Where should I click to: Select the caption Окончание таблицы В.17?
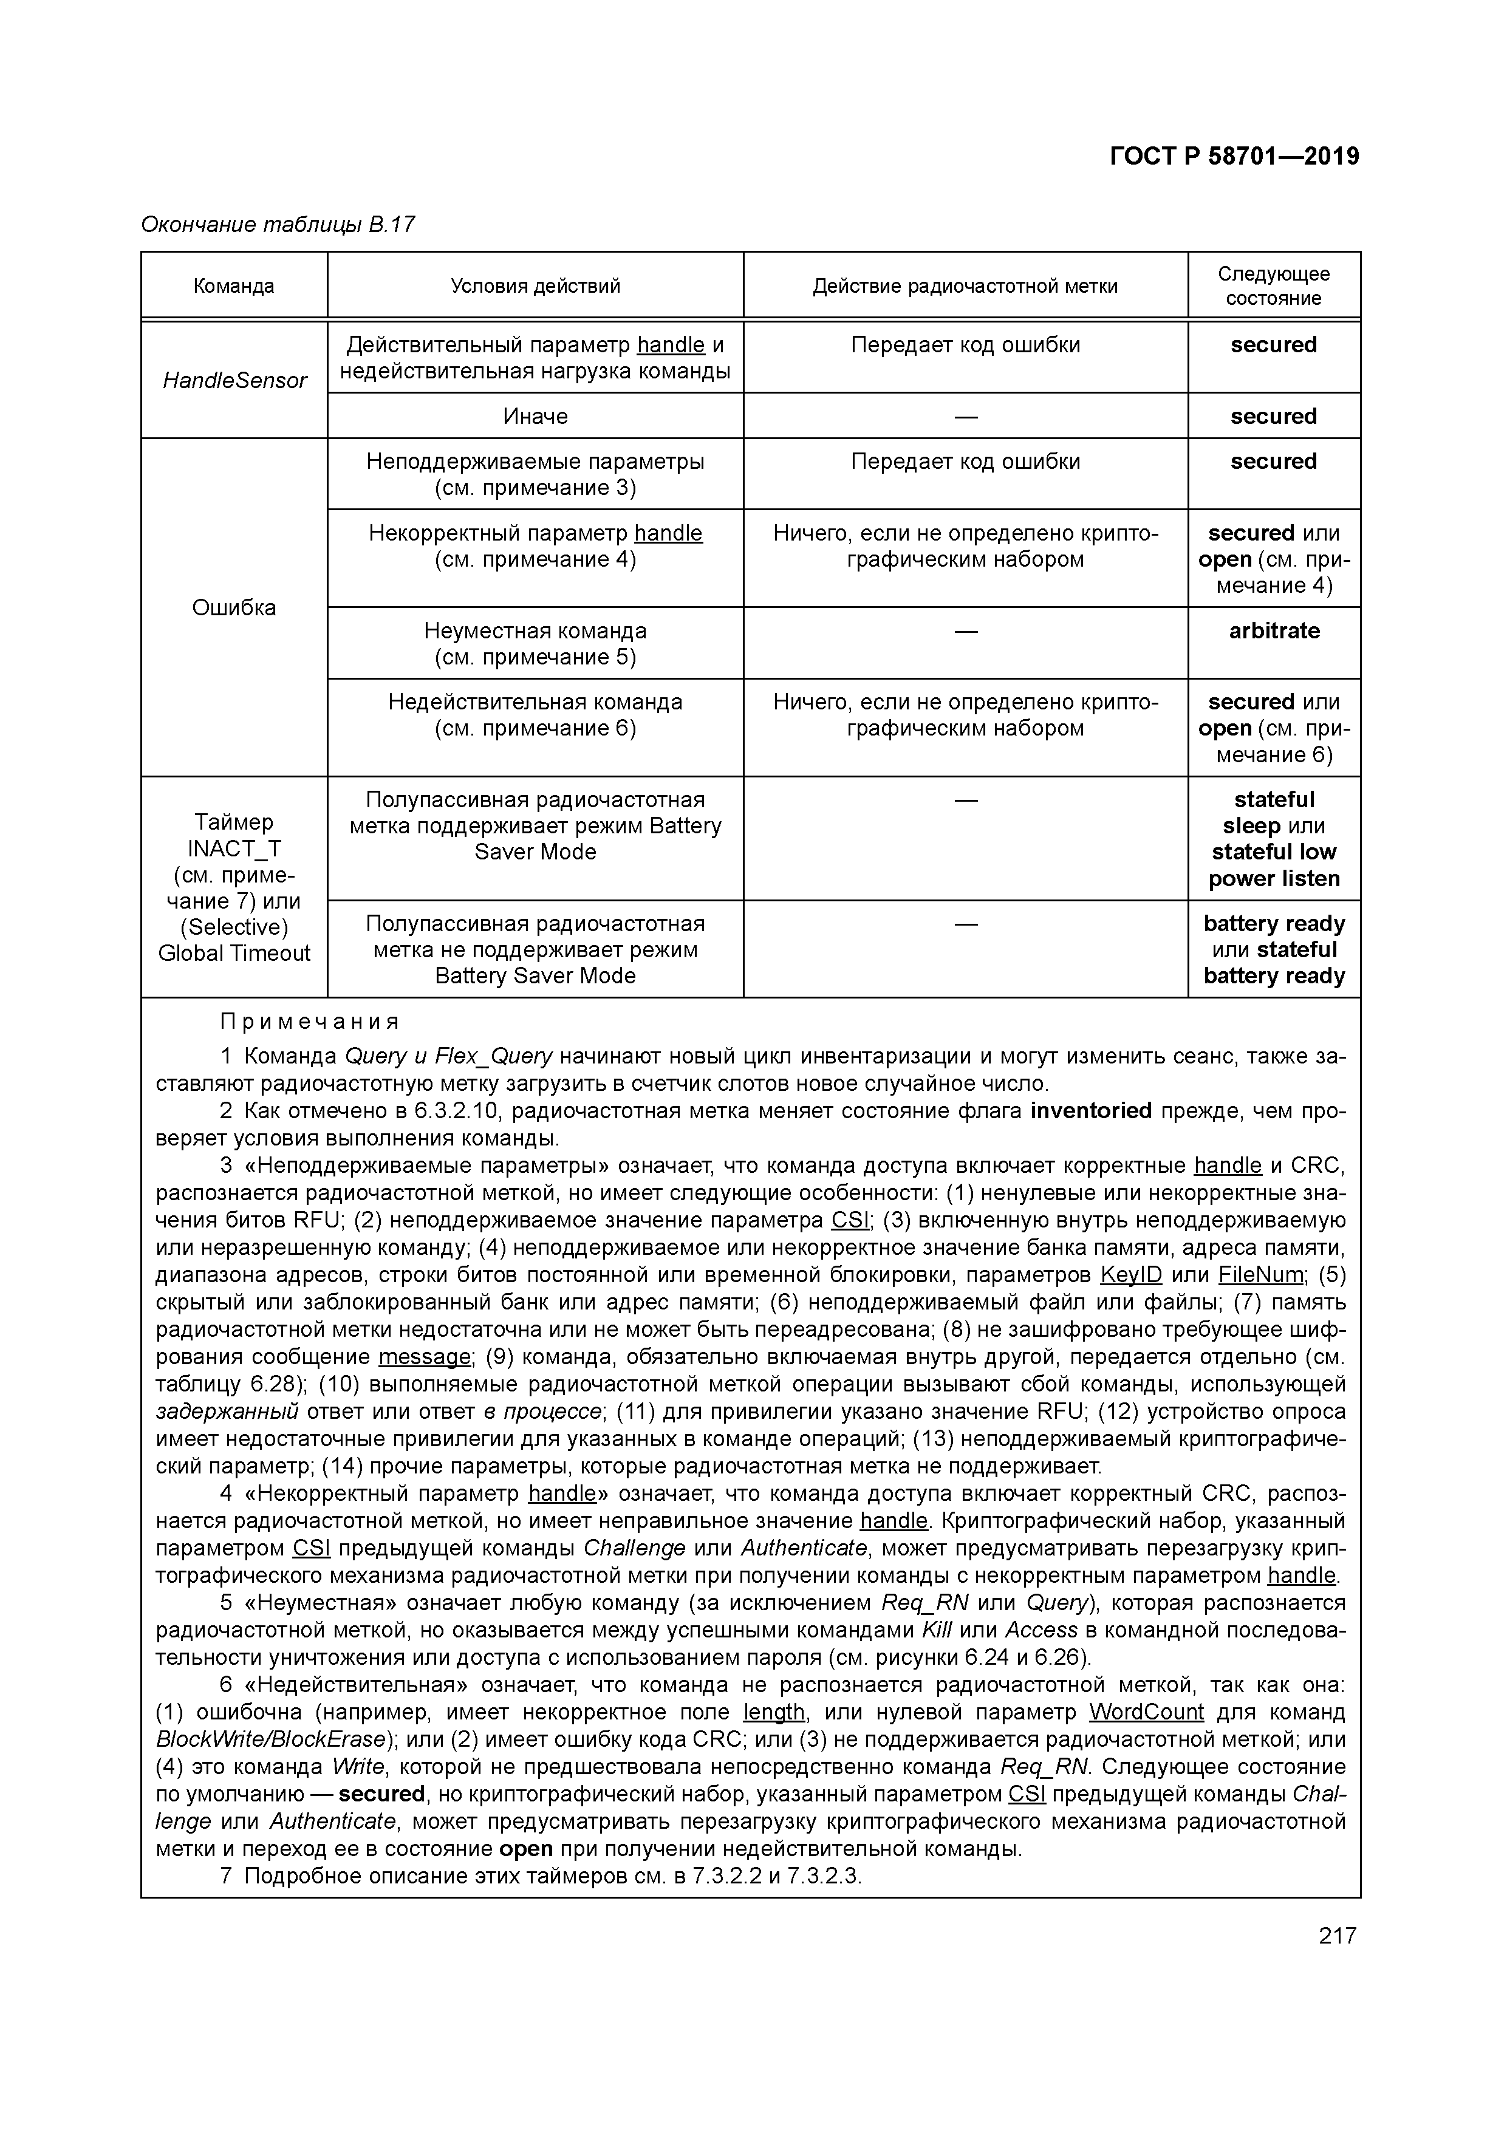(278, 225)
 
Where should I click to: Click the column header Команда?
(234, 285)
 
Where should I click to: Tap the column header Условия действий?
(535, 285)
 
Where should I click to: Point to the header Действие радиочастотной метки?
(965, 285)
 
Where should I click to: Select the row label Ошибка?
(234, 607)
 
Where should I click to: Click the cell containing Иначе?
(535, 417)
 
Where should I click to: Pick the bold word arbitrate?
(1274, 631)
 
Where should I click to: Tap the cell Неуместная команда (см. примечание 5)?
(535, 644)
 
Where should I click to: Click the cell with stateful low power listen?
(1274, 839)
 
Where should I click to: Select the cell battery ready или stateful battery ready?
(1274, 949)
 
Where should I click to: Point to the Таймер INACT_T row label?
(234, 887)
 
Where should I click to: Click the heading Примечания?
(310, 1022)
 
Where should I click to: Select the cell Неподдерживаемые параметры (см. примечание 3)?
(535, 474)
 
